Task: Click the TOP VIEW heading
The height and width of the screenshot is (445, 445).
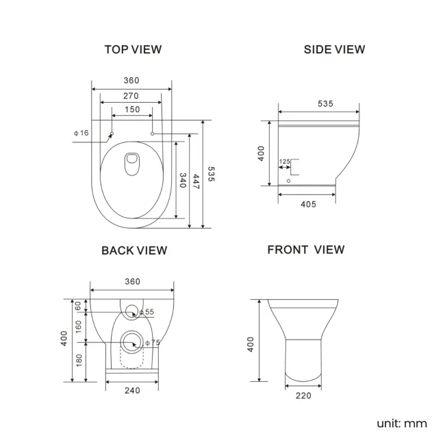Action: tap(132, 49)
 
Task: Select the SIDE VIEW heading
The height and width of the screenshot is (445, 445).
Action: tap(334, 49)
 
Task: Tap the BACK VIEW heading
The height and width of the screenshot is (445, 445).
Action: tap(134, 251)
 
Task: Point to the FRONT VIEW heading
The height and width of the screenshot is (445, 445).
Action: tap(305, 250)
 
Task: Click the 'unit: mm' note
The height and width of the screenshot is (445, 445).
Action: tap(401, 423)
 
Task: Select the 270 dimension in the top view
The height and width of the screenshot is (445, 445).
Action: tap(131, 95)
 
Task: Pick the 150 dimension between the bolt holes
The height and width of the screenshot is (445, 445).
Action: tap(131, 110)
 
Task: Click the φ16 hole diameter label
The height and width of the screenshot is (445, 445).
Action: tap(81, 132)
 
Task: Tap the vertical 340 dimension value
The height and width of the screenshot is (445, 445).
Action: tap(183, 181)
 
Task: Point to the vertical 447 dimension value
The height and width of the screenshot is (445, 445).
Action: tap(196, 181)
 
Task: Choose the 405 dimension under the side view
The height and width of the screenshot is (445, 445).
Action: tap(307, 204)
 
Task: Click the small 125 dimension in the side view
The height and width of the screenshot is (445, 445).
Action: tap(284, 162)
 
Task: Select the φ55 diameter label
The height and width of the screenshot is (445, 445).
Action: tap(147, 312)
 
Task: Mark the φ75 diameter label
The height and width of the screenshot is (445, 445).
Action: tap(152, 342)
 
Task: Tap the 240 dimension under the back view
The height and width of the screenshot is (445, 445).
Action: tap(132, 390)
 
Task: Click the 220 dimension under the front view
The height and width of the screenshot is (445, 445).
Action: tap(303, 395)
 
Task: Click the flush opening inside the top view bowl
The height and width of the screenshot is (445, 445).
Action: tap(131, 162)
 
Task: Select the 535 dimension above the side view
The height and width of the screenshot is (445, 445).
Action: tap(325, 103)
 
